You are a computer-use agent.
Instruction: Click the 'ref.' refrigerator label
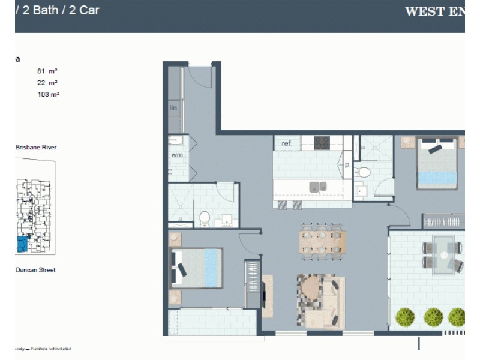click(287, 143)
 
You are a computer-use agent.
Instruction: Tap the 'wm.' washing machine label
click(178, 155)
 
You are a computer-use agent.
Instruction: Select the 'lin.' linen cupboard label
click(175, 109)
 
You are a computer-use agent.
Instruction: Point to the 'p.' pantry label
click(347, 164)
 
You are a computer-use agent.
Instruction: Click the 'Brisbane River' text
click(36, 147)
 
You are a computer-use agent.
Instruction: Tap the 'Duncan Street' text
click(35, 270)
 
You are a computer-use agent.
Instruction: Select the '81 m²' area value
click(47, 71)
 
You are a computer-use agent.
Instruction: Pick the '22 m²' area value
click(47, 83)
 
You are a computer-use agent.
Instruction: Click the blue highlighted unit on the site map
click(22, 244)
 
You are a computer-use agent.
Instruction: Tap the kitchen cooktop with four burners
click(322, 143)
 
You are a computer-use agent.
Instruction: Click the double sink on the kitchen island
click(318, 187)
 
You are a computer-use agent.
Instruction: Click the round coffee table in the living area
click(313, 289)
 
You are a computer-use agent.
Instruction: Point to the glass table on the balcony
click(443, 254)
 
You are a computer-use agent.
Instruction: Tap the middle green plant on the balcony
click(433, 316)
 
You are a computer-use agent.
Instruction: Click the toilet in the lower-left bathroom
click(205, 217)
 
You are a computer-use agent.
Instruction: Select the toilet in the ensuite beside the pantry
click(363, 172)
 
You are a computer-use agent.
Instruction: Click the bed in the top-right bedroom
click(437, 163)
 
